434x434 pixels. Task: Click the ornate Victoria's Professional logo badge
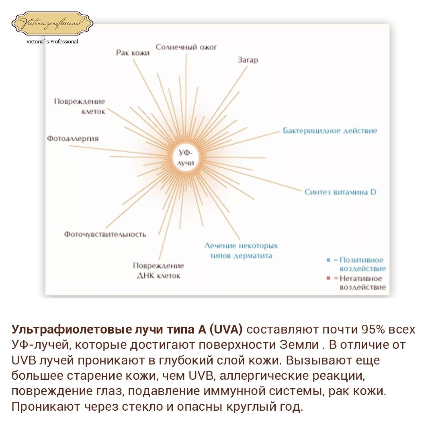click(52, 24)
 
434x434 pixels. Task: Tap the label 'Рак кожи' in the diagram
click(133, 53)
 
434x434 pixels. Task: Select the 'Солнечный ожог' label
click(186, 47)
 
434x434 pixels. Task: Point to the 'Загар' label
click(248, 60)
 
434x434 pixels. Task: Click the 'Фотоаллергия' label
click(73, 139)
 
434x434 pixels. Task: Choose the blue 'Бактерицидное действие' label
click(330, 131)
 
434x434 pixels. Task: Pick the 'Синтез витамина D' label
click(340, 192)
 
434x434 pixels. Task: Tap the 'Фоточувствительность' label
click(105, 234)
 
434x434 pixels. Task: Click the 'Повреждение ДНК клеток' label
click(158, 270)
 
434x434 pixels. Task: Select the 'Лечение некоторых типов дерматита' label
click(241, 250)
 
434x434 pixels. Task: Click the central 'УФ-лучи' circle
click(185, 158)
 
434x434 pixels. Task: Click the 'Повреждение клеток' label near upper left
click(80, 106)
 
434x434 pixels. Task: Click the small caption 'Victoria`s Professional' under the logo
click(52, 41)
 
